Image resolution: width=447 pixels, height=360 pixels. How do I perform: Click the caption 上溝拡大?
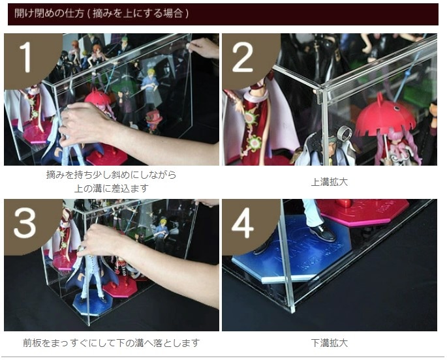(x=330, y=182)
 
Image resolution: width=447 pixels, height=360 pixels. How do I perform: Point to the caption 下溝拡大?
(x=330, y=342)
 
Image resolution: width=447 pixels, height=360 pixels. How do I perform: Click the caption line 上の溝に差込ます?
(x=112, y=188)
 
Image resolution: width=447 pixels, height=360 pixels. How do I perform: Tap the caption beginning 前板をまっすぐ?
(x=111, y=342)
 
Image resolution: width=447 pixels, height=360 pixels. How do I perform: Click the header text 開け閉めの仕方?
(x=49, y=14)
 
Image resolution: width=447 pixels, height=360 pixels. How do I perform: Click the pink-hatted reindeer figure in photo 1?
(x=153, y=121)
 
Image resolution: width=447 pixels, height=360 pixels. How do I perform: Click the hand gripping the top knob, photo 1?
(x=204, y=48)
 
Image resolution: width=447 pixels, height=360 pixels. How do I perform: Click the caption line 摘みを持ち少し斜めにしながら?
(x=112, y=175)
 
